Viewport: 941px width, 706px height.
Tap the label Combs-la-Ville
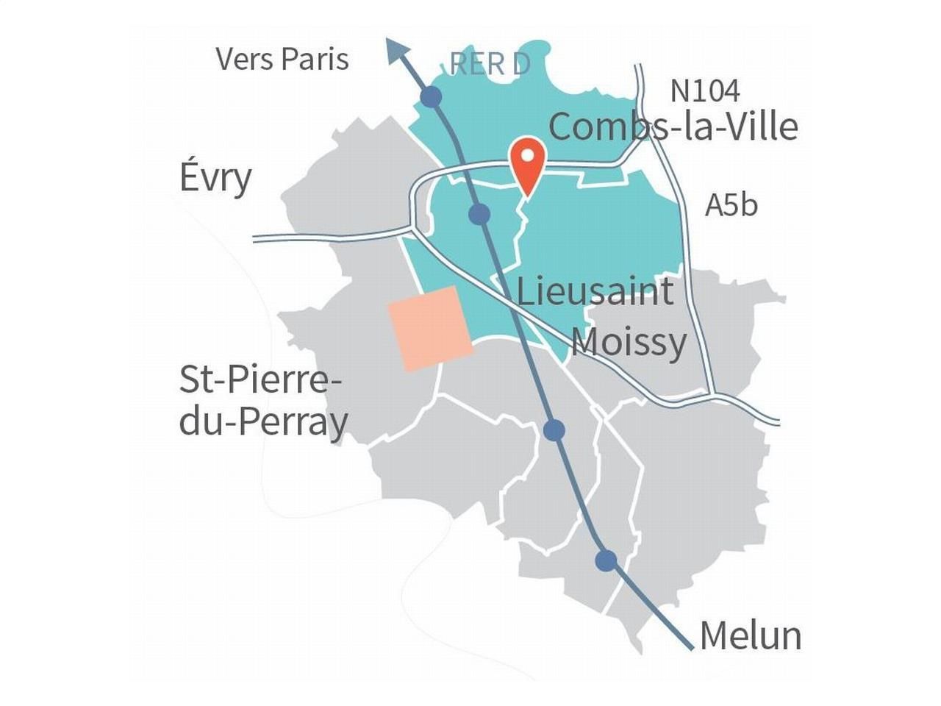tap(673, 126)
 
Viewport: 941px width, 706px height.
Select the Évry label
tap(215, 178)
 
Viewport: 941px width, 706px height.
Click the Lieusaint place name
tap(595, 291)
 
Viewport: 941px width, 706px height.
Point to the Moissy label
tap(629, 342)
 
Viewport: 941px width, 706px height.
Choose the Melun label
tap(750, 635)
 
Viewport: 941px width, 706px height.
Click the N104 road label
tap(704, 90)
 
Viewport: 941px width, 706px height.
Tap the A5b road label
tap(731, 205)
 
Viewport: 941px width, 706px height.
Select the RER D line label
tap(490, 65)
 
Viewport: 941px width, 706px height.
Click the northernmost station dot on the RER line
tap(431, 96)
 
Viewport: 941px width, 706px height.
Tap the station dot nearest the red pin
tap(479, 214)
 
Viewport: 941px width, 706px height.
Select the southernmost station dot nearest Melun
tap(606, 560)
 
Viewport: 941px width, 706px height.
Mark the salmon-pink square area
tap(429, 328)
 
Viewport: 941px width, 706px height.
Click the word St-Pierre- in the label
tap(261, 380)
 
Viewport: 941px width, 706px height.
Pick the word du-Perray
tap(263, 422)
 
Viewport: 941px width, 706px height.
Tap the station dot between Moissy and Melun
tap(554, 430)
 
